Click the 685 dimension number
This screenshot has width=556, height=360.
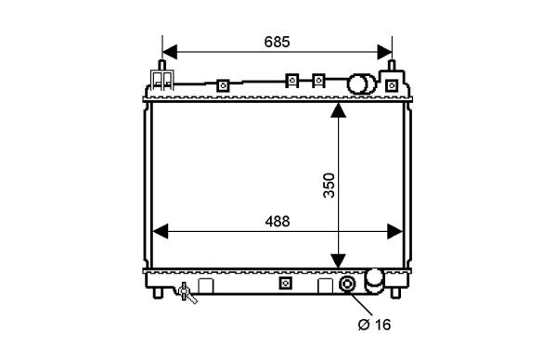coord(277,42)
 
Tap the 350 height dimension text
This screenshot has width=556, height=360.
coord(330,186)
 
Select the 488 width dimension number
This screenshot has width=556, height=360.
coord(278,222)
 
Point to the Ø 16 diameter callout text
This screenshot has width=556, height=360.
coord(374,325)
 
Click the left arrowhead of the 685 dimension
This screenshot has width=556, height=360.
coord(170,52)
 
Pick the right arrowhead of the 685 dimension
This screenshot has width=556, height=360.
coord(384,52)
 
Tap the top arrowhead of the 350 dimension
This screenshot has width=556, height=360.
coord(338,109)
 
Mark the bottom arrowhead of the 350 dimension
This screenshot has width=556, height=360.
coord(338,261)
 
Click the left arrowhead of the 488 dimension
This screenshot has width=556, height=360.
coord(160,231)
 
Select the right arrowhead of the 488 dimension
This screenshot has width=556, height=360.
coord(395,231)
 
